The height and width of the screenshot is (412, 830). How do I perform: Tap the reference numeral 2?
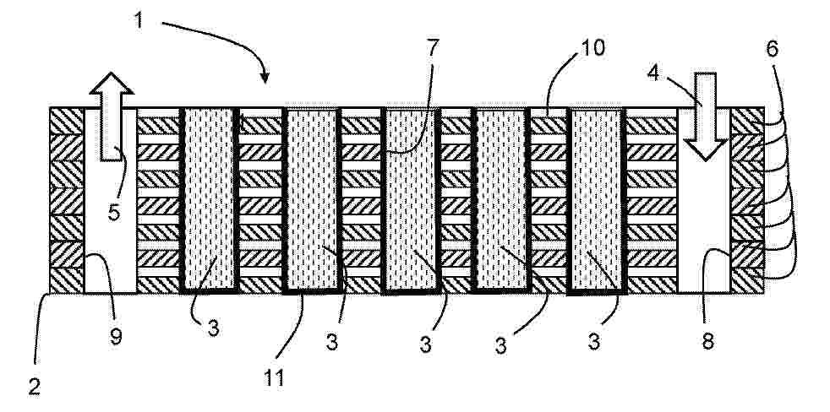pyautogui.click(x=35, y=388)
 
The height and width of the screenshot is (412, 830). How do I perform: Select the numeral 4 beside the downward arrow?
pyautogui.click(x=653, y=73)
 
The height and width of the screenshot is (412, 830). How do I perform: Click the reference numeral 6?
pyautogui.click(x=772, y=49)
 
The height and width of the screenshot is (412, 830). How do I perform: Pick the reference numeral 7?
pyautogui.click(x=433, y=48)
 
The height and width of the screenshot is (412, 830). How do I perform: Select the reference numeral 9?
pyautogui.click(x=116, y=336)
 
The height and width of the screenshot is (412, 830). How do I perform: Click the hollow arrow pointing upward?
pyautogui.click(x=112, y=117)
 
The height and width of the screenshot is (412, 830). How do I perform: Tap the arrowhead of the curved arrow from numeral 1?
pyautogui.click(x=265, y=79)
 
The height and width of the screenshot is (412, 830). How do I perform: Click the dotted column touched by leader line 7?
pyautogui.click(x=410, y=200)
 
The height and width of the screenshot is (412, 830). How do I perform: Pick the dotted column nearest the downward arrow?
pyautogui.click(x=597, y=200)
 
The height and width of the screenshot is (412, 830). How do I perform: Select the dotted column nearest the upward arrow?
pyautogui.click(x=210, y=200)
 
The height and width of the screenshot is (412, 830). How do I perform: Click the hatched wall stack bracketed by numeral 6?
pyautogui.click(x=747, y=200)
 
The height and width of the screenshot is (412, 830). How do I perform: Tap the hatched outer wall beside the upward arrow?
pyautogui.click(x=67, y=200)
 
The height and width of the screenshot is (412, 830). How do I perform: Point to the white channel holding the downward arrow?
pyautogui.click(x=704, y=200)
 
